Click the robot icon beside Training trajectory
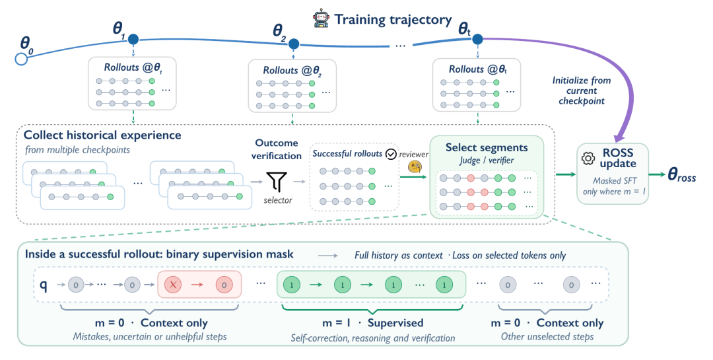coord(321,18)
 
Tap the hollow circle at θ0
coord(21,59)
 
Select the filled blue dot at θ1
coord(133,39)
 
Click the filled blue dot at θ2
coord(293,44)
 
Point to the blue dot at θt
coord(477,40)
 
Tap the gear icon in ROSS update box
coord(588,159)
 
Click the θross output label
coord(681,175)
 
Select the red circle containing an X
coord(173,285)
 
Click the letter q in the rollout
coord(44,285)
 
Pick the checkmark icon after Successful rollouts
coord(391,155)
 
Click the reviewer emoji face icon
coord(414,166)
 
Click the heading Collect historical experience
coord(102,135)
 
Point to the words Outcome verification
coord(277,149)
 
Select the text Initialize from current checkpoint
coord(581,90)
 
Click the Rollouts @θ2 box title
coord(292,71)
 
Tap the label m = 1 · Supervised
coord(372,323)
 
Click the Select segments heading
coord(487,147)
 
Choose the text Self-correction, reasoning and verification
coord(373,338)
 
